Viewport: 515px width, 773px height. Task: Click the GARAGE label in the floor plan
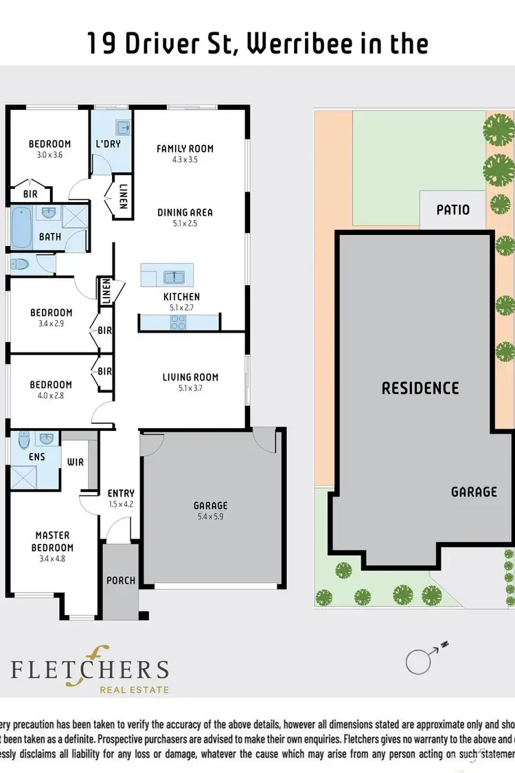210,505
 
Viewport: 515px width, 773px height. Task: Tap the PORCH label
121,581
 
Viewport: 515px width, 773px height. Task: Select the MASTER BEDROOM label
53,541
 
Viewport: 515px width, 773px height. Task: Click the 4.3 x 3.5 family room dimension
185,160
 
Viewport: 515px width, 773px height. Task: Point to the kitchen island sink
174,277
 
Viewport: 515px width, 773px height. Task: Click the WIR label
76,462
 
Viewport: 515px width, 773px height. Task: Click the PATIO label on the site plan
453,209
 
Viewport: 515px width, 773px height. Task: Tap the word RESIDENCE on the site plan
420,388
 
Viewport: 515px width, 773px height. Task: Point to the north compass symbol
420,661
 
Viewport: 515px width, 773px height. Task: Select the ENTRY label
121,493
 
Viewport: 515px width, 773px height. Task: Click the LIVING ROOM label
190,377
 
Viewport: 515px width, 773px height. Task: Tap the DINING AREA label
185,212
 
